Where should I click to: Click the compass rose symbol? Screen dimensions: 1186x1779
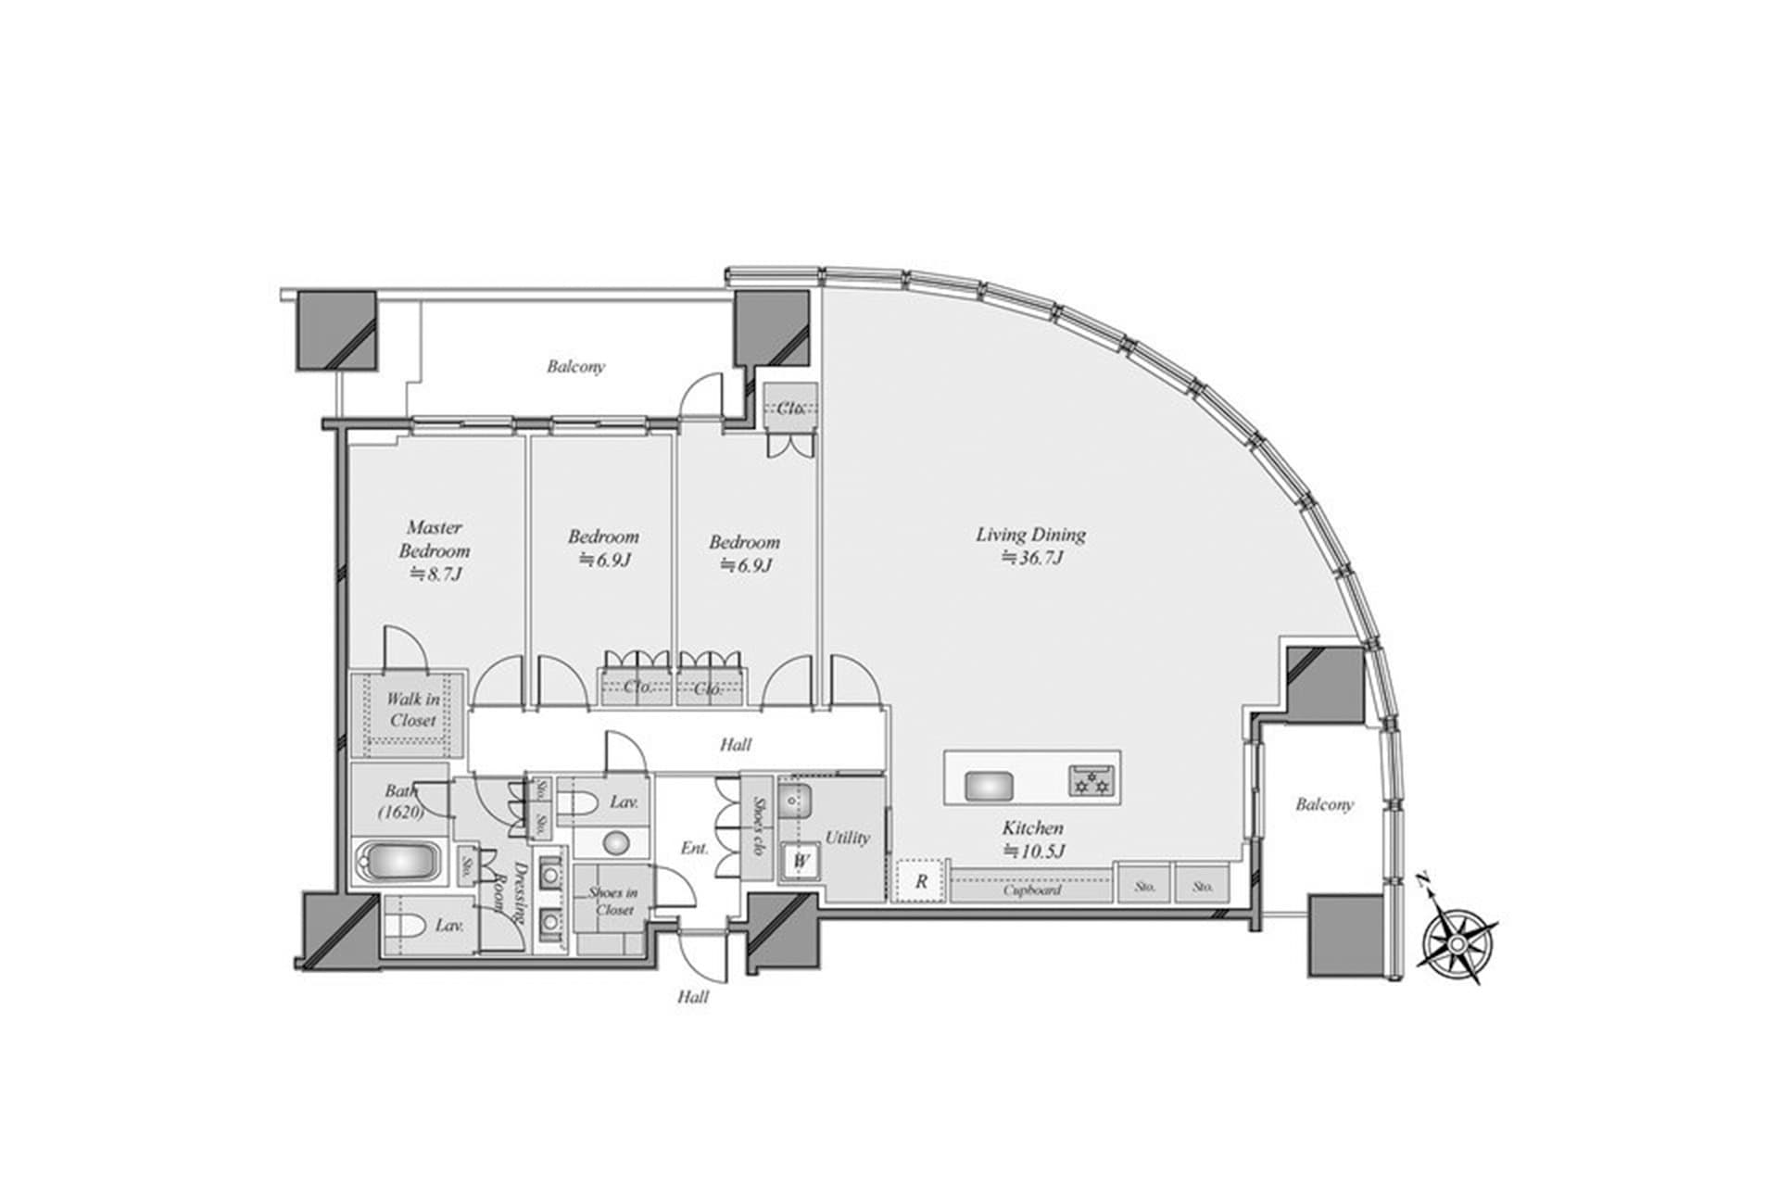pos(1457,942)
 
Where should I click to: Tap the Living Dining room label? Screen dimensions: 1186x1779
pos(1030,535)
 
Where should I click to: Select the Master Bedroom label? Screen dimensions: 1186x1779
pos(435,538)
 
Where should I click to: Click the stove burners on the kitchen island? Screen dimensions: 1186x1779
pos(1090,780)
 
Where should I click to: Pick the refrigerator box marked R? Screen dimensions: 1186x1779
pos(920,881)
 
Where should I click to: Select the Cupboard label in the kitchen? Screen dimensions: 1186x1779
pos(1031,889)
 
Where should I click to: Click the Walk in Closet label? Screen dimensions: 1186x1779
pos(413,710)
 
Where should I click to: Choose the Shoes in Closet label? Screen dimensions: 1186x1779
pos(613,901)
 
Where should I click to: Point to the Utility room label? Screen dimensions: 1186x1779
pos(847,838)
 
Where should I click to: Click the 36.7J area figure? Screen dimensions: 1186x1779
pos(1031,559)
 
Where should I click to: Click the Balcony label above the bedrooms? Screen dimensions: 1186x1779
pos(575,367)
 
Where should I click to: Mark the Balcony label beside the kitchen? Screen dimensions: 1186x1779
pos(1324,805)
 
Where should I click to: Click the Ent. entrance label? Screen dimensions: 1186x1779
pos(695,848)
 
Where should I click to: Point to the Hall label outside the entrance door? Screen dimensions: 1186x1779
pos(693,997)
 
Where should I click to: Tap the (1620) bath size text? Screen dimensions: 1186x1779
pos(400,813)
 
